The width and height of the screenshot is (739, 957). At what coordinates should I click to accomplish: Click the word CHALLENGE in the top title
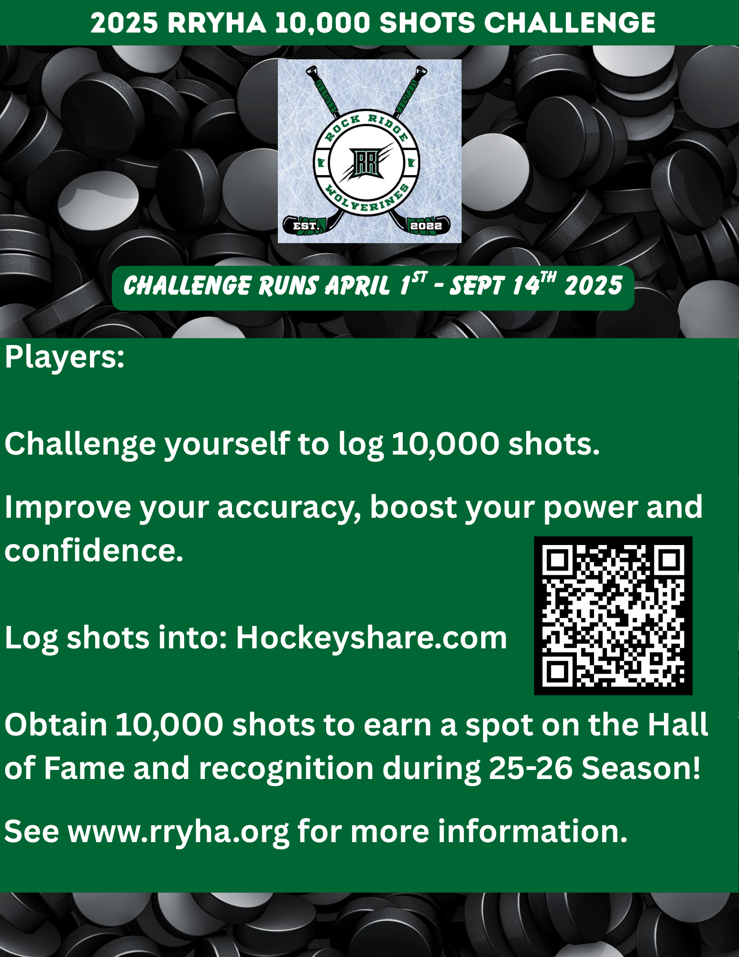tap(569, 22)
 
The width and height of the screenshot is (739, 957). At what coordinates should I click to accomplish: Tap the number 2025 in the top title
tap(124, 22)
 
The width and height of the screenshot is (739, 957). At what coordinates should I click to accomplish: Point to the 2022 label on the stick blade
tap(426, 226)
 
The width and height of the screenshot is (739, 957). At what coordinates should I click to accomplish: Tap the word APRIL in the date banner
tap(357, 286)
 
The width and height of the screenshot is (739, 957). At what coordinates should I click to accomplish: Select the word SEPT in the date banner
tap(477, 286)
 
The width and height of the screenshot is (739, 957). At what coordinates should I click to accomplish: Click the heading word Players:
tap(65, 357)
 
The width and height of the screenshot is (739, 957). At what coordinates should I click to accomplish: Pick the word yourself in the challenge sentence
tap(227, 444)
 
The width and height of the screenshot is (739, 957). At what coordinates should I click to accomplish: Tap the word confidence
tap(94, 550)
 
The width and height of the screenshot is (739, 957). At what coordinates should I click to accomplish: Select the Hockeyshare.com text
tap(372, 638)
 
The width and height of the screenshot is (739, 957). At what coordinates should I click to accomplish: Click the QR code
tap(613, 615)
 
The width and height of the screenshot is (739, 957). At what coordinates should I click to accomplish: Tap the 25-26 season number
tap(531, 768)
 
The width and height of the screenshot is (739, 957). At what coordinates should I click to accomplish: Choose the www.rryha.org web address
tap(178, 832)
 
